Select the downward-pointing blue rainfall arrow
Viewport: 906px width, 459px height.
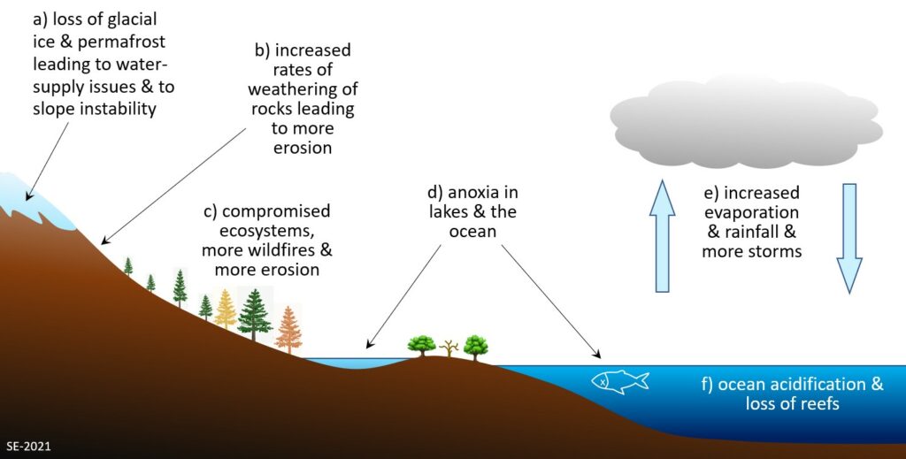click(x=849, y=238)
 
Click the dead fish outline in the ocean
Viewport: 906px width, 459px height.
click(x=620, y=382)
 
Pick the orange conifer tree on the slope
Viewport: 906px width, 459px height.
click(x=288, y=330)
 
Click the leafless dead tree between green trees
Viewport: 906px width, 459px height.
click(x=449, y=348)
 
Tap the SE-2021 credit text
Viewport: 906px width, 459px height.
click(x=29, y=447)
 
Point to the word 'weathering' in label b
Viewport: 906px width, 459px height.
click(x=303, y=89)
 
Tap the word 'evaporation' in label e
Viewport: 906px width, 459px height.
click(x=751, y=212)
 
